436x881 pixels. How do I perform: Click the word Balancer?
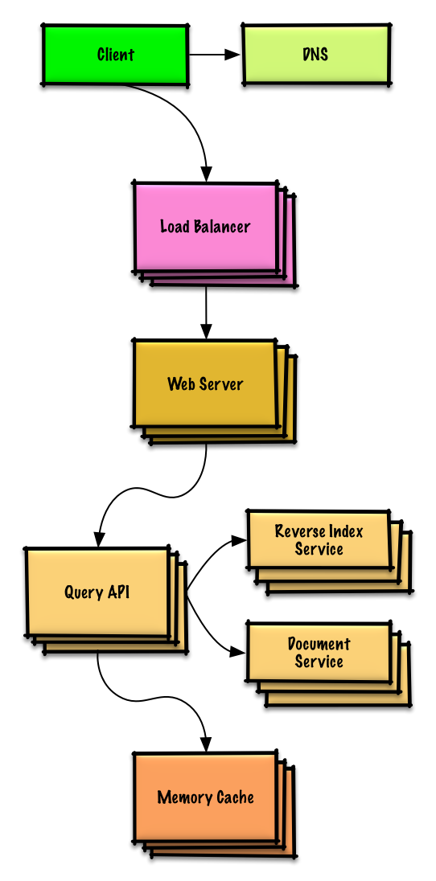[x=221, y=227]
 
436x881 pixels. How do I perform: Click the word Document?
[x=319, y=644]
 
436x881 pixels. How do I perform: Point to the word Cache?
[x=235, y=797]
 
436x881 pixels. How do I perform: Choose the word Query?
[x=84, y=593]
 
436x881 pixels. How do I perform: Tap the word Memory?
[x=184, y=797]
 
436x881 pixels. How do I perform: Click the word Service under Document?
[x=319, y=662]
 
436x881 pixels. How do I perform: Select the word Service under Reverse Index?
[x=319, y=549]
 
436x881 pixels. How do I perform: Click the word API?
[x=118, y=593]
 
